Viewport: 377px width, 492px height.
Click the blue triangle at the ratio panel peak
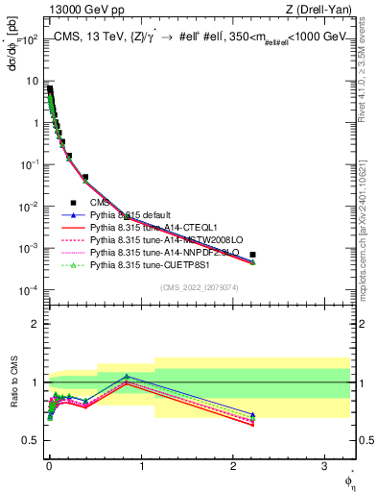point(126,377)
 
